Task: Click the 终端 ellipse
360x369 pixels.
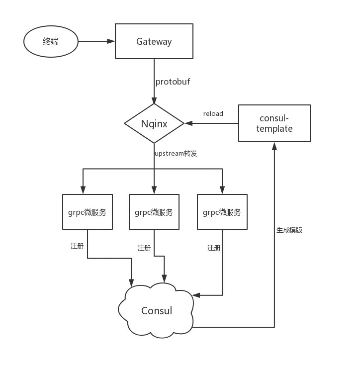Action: click(51, 41)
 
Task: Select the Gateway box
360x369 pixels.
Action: click(154, 41)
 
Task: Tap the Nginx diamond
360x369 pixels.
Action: click(154, 123)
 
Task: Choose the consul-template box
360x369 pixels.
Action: click(274, 123)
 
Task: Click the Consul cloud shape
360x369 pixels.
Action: click(156, 311)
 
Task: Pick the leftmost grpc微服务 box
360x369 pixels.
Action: click(88, 212)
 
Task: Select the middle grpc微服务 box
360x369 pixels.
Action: click(154, 212)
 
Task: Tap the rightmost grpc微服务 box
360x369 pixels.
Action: click(222, 212)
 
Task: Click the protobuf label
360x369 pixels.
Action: click(173, 82)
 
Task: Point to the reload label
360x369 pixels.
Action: click(213, 114)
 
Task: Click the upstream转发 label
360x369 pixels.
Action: click(176, 154)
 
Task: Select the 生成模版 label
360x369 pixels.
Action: click(289, 230)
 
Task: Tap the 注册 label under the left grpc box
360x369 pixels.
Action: click(77, 246)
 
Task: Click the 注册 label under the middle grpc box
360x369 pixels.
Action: click(144, 248)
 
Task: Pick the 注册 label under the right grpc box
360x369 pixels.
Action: click(214, 248)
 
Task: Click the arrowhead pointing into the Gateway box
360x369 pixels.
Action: click(111, 41)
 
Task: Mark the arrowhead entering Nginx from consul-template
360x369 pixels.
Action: click(189, 123)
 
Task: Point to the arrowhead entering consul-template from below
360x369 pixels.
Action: click(274, 146)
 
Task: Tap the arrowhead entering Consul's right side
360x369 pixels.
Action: click(196, 295)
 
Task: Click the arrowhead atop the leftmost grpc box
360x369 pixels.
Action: click(83, 190)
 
